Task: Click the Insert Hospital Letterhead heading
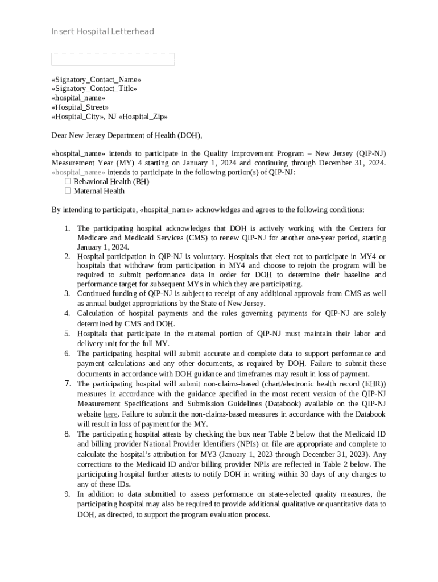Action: pyautogui.click(x=102, y=31)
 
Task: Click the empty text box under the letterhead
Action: pyautogui.click(x=113, y=59)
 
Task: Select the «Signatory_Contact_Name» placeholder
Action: pyautogui.click(x=96, y=80)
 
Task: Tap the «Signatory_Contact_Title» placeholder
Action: pyautogui.click(x=94, y=89)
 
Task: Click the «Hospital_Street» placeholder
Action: pyautogui.click(x=80, y=107)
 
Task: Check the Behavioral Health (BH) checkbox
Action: pyautogui.click(x=68, y=181)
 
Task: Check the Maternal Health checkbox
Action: pyautogui.click(x=68, y=191)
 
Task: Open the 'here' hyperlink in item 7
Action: pyautogui.click(x=110, y=414)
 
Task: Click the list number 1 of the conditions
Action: pyautogui.click(x=67, y=228)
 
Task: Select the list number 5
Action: pyautogui.click(x=67, y=334)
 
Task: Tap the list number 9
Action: pyautogui.click(x=67, y=494)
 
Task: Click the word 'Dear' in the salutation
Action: pyautogui.click(x=59, y=135)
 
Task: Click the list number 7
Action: pyautogui.click(x=67, y=384)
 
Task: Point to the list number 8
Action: pyautogui.click(x=67, y=434)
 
